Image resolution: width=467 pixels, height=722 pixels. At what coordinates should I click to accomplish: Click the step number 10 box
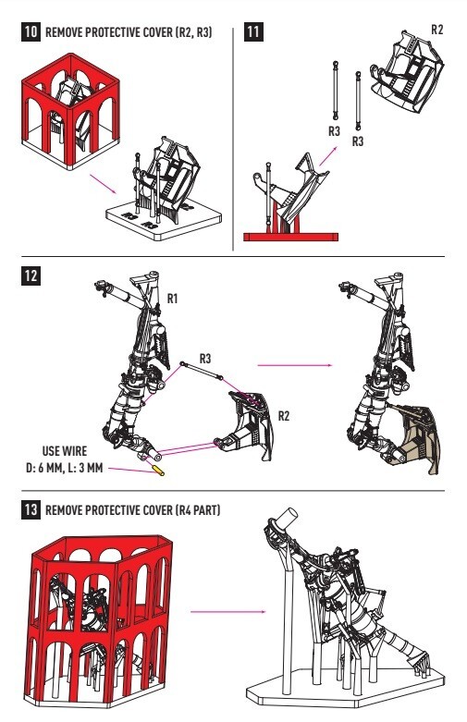pos(31,31)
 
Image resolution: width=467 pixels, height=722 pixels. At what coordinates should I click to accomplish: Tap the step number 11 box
pos(253,31)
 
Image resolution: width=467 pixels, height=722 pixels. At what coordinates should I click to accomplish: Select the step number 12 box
pos(31,275)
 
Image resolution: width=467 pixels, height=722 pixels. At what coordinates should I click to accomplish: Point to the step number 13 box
pos(31,510)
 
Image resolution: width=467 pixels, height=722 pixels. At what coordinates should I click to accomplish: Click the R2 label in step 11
pos(436,30)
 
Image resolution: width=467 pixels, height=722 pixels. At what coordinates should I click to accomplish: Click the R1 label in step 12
pos(172,299)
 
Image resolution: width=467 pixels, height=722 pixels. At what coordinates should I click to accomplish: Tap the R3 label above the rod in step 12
pos(205,359)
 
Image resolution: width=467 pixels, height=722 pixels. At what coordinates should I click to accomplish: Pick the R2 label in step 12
pos(284,416)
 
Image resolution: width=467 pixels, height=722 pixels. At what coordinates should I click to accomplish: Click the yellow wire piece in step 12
pos(158,471)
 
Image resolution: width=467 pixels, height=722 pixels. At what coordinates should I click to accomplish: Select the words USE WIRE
pos(65,451)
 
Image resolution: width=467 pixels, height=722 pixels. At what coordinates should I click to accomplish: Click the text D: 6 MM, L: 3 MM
pos(64,469)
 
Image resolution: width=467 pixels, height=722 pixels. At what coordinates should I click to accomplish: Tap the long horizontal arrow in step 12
pos(295,365)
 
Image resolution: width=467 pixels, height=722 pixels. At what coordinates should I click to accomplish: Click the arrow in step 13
pos(228,612)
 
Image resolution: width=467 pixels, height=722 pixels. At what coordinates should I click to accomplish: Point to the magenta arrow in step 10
pos(104,184)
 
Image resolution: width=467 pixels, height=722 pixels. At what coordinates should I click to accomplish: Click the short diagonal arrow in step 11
pos(328,156)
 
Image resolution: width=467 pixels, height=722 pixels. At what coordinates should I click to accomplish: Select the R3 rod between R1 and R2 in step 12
pos(202,371)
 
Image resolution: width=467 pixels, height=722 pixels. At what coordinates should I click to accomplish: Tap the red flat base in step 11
pos(290,238)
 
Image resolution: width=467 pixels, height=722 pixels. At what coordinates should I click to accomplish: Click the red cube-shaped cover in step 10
pos(70,111)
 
